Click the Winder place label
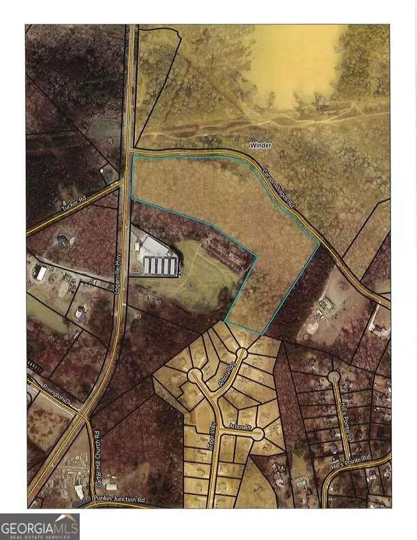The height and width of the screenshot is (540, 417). tap(261, 145)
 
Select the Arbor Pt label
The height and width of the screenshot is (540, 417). tap(241, 427)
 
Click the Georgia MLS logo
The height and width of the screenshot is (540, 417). tap(40, 526)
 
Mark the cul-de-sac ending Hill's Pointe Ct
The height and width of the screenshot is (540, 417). tap(333, 376)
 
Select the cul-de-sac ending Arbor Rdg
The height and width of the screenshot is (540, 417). tap(241, 354)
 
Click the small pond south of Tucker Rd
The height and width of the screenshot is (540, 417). tap(62, 240)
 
